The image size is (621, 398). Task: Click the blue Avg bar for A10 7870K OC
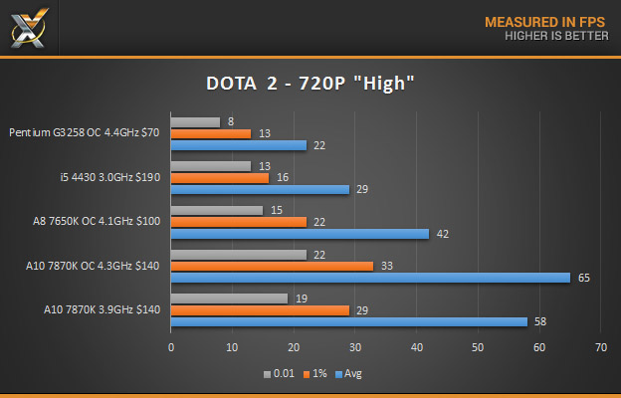tap(370, 278)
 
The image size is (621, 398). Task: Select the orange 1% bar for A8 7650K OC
tap(238, 222)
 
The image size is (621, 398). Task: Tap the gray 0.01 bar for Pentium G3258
tap(195, 122)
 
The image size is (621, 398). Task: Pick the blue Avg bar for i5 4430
tap(260, 189)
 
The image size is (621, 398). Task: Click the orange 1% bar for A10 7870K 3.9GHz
tap(260, 310)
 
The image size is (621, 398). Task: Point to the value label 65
tap(584, 278)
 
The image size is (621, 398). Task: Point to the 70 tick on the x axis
tap(600, 347)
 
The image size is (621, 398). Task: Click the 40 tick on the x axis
tap(416, 347)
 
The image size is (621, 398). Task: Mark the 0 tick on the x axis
tap(171, 347)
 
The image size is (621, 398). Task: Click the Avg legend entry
tap(349, 374)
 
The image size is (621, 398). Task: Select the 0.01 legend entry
tap(280, 374)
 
